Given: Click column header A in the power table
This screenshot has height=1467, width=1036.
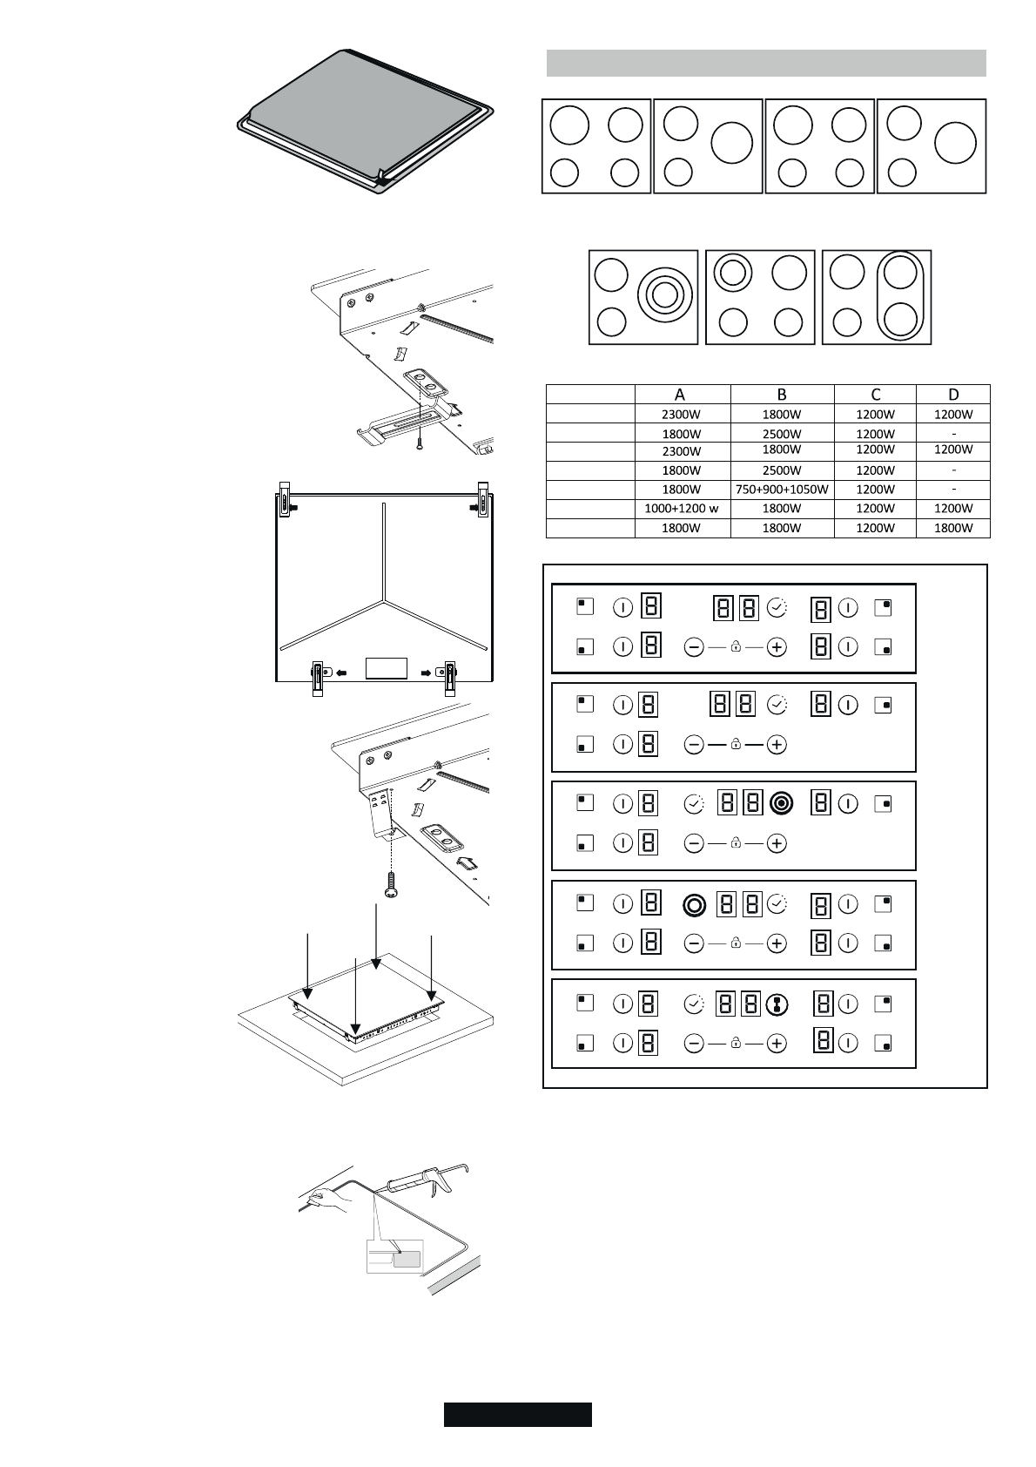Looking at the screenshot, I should (681, 395).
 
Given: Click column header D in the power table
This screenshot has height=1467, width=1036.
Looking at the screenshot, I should (953, 395).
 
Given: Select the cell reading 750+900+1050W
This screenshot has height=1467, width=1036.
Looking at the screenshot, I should (781, 490).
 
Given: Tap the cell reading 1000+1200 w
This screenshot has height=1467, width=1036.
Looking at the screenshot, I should (682, 509).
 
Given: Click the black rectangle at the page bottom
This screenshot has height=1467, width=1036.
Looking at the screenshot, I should (517, 1414).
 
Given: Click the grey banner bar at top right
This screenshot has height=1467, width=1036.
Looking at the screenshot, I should (766, 63).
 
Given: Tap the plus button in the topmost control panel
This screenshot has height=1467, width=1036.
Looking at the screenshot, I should (777, 647).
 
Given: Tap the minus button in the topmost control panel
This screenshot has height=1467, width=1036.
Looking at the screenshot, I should (694, 647).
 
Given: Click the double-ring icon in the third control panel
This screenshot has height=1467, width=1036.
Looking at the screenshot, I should (781, 803).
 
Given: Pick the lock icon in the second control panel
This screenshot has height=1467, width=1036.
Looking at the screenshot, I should (736, 745).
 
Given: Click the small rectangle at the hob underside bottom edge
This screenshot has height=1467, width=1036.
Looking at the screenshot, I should (387, 668).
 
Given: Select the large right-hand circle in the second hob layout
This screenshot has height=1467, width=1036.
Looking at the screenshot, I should (731, 143).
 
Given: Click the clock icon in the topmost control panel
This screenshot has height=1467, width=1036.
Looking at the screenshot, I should (777, 607).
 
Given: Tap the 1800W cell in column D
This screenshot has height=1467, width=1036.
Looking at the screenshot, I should (953, 528).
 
